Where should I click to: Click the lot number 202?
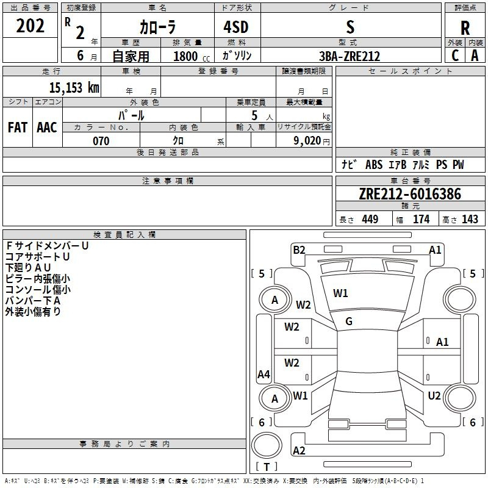click(x=30, y=26)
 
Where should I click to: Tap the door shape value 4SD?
click(x=236, y=27)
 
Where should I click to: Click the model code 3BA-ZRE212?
click(x=350, y=56)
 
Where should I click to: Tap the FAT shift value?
click(x=17, y=127)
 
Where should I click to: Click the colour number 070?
click(x=101, y=141)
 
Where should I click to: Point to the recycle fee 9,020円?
click(x=311, y=141)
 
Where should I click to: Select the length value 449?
click(x=370, y=220)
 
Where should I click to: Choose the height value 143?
click(x=470, y=220)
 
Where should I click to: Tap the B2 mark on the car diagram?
click(x=299, y=249)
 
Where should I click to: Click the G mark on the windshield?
click(x=349, y=321)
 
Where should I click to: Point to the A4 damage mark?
click(x=264, y=375)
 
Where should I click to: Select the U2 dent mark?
click(x=434, y=396)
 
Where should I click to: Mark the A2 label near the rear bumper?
click(x=299, y=451)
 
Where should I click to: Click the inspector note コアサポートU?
click(x=37, y=257)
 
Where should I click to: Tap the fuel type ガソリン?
click(x=237, y=56)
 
